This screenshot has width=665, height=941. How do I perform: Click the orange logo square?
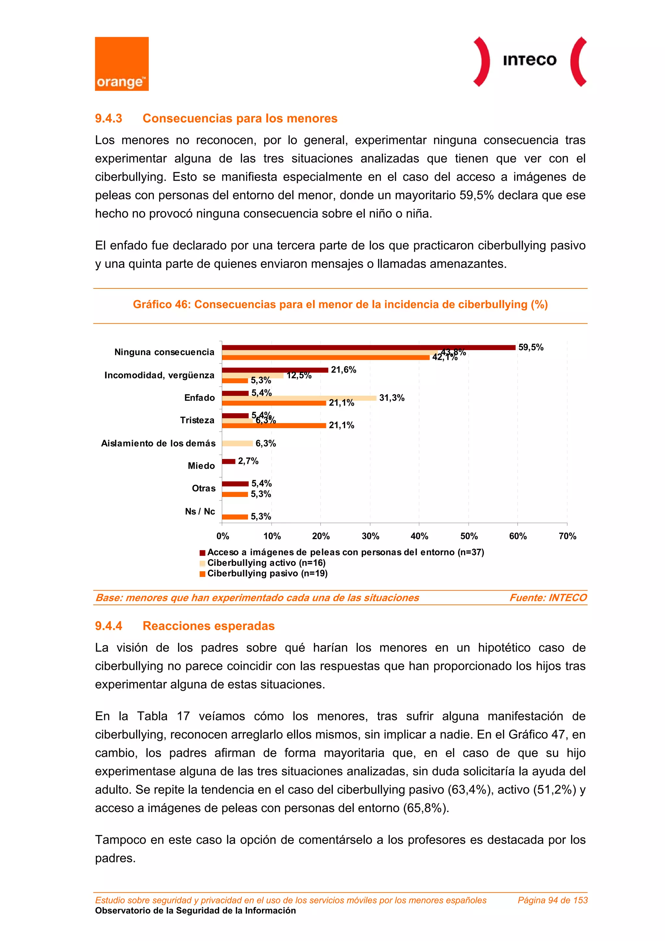[122, 64]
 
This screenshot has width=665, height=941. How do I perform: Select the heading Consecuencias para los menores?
[240, 119]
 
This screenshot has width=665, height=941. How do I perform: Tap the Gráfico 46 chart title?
[340, 304]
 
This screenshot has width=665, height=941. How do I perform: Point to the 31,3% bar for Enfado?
[299, 398]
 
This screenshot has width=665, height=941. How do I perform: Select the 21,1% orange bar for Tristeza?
[274, 426]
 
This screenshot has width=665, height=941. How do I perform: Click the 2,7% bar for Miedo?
[229, 462]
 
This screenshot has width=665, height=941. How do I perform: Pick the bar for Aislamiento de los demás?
[237, 443]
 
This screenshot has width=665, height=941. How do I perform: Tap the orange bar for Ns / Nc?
[235, 517]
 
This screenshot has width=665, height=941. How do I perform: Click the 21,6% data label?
[343, 370]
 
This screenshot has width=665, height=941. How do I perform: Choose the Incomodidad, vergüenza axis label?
[159, 375]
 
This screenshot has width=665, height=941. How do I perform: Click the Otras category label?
[204, 489]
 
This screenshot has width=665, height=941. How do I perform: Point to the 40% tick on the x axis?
[419, 536]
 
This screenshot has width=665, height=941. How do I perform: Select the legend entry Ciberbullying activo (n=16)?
[266, 563]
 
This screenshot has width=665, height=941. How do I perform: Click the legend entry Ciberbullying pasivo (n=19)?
[267, 573]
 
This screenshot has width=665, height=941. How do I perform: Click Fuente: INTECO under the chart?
[548, 598]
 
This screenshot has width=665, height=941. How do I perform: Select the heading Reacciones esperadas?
[208, 626]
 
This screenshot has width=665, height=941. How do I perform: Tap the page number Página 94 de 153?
[552, 900]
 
